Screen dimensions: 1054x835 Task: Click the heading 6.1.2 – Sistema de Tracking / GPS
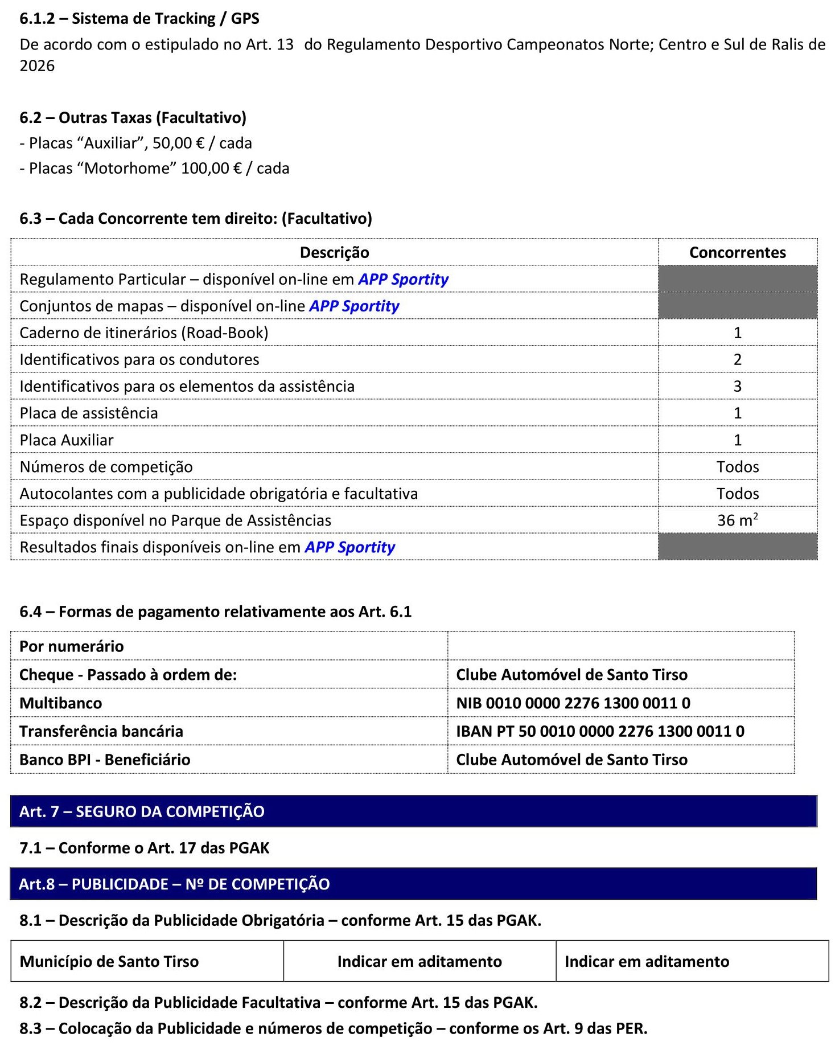tap(139, 19)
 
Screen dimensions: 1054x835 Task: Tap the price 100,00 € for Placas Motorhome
tap(211, 169)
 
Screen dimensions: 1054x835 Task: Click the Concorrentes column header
tap(737, 252)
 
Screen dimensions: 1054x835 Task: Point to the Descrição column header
tap(334, 252)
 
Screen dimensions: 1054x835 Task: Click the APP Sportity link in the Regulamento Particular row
tap(403, 279)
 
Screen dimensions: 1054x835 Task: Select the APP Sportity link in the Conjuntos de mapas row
tap(354, 306)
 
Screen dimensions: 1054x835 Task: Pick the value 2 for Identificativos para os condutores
tap(737, 359)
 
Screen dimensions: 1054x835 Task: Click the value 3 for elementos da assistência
tap(737, 386)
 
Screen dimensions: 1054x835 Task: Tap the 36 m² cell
tap(737, 520)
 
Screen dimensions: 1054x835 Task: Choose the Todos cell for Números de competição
tap(737, 466)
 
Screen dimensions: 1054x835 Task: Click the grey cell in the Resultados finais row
tap(737, 547)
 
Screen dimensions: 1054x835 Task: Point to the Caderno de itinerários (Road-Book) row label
tap(144, 333)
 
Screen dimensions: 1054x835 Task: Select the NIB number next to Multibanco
tap(573, 703)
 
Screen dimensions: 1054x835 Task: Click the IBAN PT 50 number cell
tap(600, 731)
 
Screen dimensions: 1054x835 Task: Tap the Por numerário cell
tap(72, 646)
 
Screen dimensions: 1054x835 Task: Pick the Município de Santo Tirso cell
tap(109, 961)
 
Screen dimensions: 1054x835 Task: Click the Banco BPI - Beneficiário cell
tap(105, 760)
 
